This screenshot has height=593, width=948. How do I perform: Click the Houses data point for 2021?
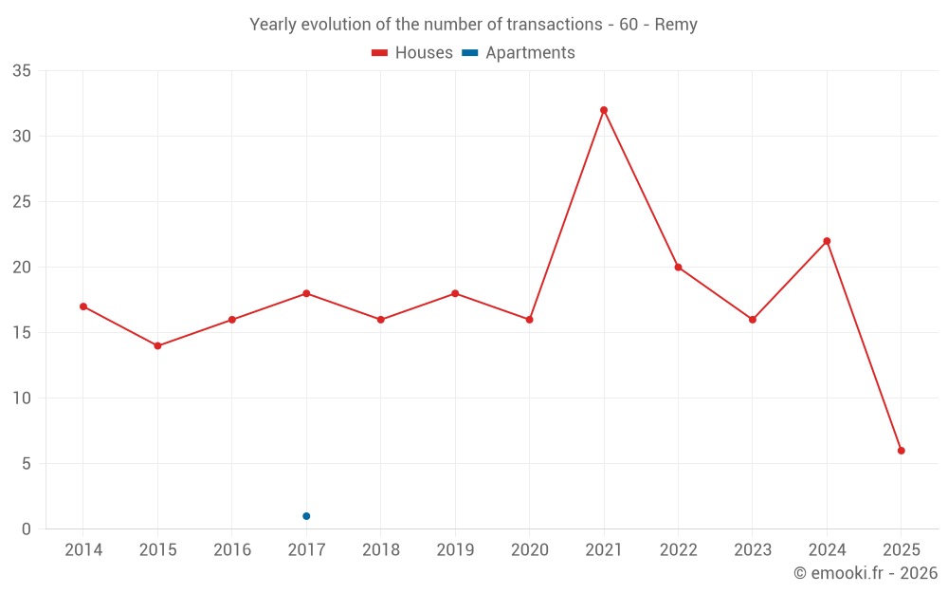(604, 110)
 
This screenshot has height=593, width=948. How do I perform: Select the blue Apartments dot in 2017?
(306, 516)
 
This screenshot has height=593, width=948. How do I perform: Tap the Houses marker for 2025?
(902, 451)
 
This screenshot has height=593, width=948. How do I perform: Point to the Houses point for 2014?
(83, 306)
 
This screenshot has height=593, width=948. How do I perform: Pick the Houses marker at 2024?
(827, 241)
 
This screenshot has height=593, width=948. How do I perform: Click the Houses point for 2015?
(157, 345)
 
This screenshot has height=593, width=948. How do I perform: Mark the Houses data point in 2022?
(678, 268)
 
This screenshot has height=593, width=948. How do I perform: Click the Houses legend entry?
(412, 53)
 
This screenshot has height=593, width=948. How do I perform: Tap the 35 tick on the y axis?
(21, 71)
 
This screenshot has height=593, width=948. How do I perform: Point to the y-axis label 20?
(21, 268)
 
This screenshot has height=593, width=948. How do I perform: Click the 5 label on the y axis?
(27, 464)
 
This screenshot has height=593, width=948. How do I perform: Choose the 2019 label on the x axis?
(455, 550)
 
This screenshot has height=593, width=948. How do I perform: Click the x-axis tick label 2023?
(753, 550)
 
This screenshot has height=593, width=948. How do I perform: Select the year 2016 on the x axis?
(232, 550)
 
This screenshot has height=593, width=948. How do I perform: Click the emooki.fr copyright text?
(865, 573)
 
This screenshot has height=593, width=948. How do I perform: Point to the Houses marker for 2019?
(455, 293)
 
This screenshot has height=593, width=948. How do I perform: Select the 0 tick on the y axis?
(27, 529)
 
